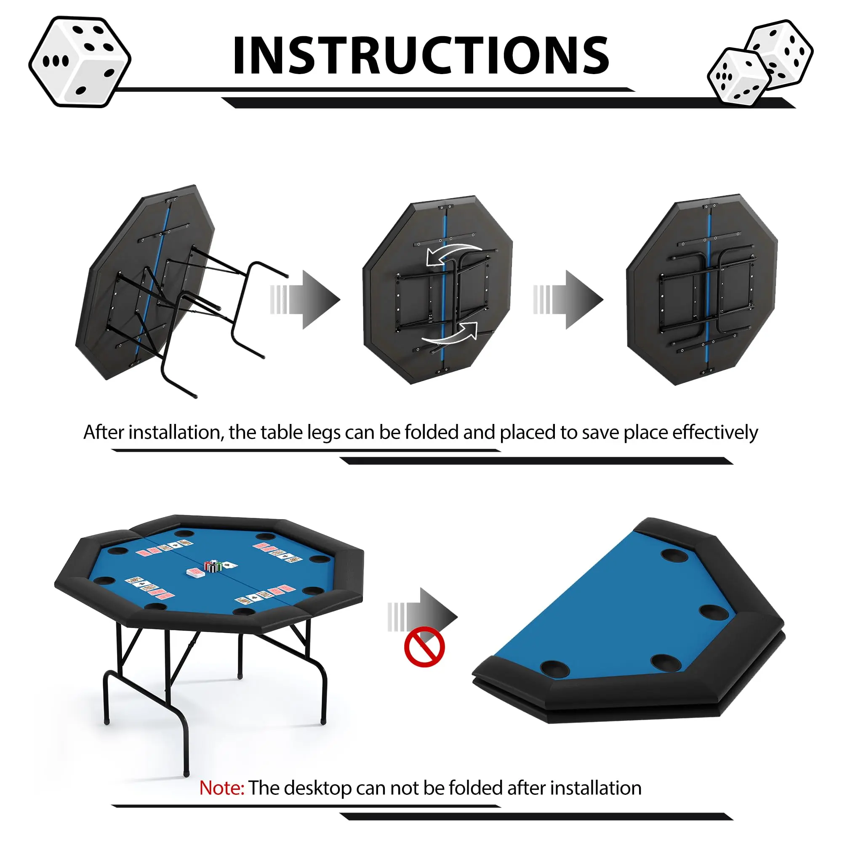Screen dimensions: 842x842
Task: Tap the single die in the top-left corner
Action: coord(80,61)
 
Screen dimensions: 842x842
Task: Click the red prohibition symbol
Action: coord(424,647)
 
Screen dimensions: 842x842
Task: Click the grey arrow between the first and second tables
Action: coord(305,299)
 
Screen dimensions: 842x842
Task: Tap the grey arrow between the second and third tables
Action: coord(568,299)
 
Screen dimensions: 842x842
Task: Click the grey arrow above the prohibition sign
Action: coord(422,617)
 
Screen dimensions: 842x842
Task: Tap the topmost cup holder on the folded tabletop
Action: coord(674,555)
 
